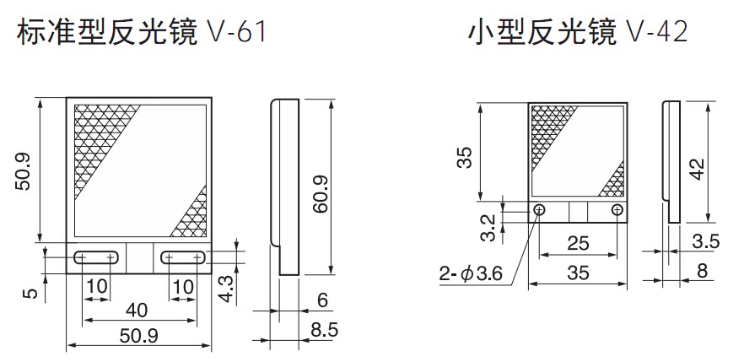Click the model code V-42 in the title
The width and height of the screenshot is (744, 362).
pyautogui.click(x=657, y=33)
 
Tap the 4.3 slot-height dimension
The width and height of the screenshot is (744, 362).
pyautogui.click(x=228, y=289)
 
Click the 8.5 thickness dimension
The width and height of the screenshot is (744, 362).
pyautogui.click(x=325, y=329)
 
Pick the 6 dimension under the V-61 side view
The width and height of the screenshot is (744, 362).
pyautogui.click(x=322, y=300)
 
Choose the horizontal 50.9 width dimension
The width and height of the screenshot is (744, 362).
pyautogui.click(x=138, y=336)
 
